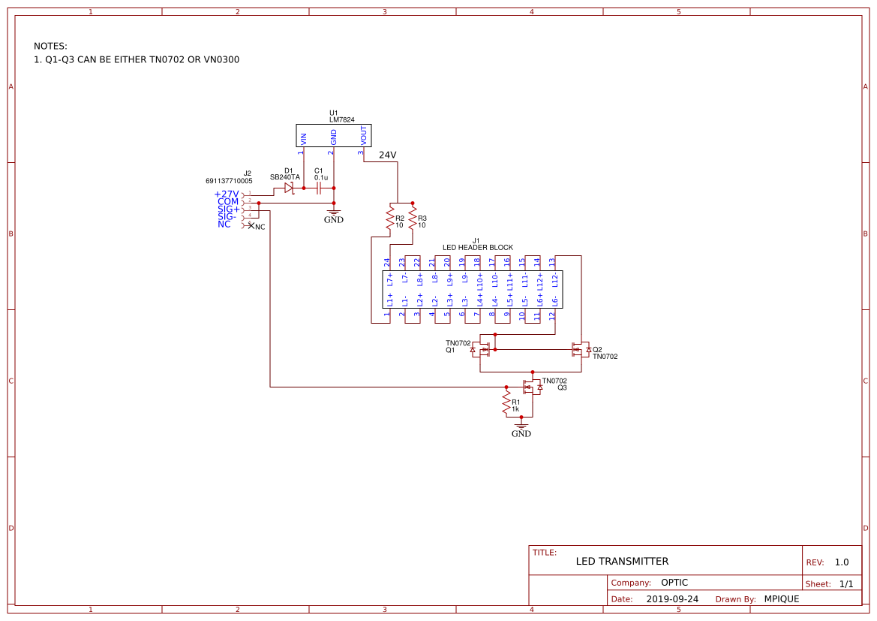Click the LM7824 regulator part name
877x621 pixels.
(341, 119)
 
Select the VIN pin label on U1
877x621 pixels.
(304, 138)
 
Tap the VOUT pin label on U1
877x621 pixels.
(364, 136)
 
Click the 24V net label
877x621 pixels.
(387, 155)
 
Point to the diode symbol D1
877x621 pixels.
(289, 188)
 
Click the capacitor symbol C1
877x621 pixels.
(319, 188)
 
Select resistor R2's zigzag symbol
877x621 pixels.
(390, 219)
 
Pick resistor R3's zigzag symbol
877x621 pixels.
(413, 219)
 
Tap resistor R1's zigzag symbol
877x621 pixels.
(506, 405)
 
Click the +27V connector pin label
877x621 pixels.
(227, 194)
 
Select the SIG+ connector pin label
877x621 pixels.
(228, 209)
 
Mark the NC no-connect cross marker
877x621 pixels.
(251, 225)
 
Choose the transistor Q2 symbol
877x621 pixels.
(581, 350)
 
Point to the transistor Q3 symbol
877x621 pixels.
(532, 387)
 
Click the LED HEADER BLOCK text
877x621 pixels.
(477, 247)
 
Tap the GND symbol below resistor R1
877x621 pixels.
(521, 430)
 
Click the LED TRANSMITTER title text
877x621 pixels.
(622, 561)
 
